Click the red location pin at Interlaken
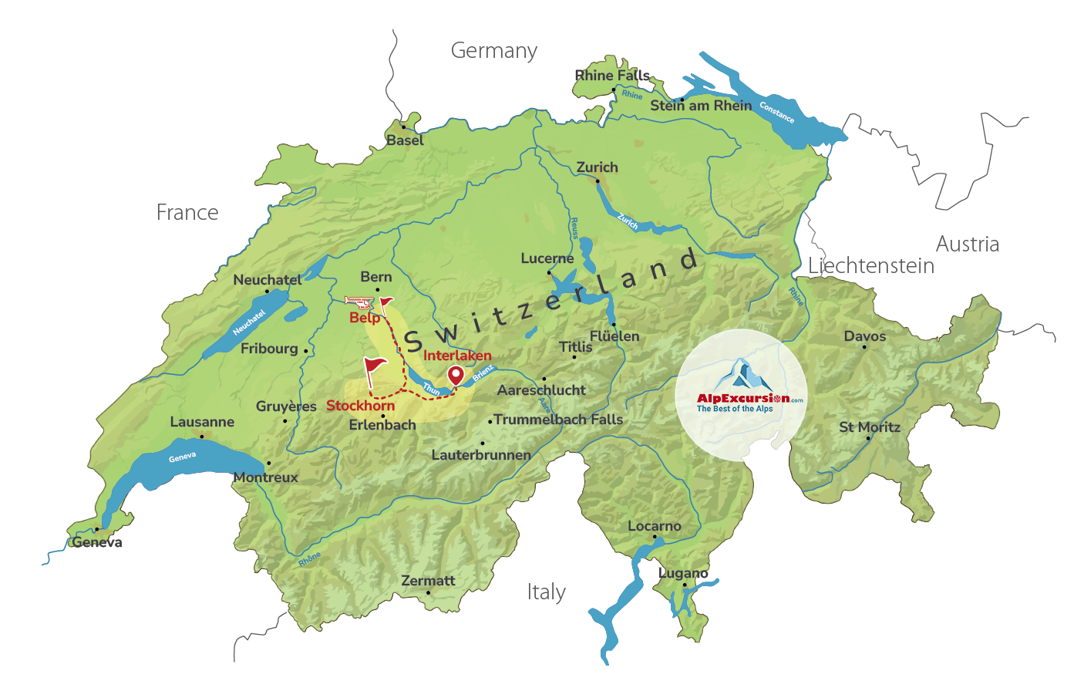coord(456,376)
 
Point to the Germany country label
coord(493,51)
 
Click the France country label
coord(187,213)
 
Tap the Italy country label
coord(546,592)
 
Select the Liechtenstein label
coord(871,266)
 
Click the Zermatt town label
coord(428,581)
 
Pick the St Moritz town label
coord(870,427)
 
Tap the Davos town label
coord(864,336)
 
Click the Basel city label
coord(405,140)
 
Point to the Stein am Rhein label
coord(701,106)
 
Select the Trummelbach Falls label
coord(558,420)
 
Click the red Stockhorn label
coord(360,406)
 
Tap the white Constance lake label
coord(776,113)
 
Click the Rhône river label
coord(309,560)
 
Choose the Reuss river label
coord(574,228)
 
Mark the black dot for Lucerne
coord(549,272)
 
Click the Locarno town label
coord(654,526)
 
